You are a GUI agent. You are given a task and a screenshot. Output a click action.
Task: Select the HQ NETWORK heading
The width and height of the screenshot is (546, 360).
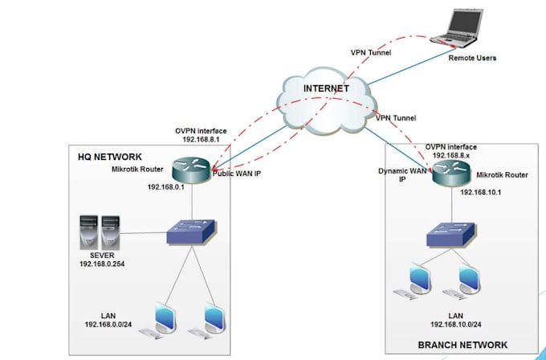[x=109, y=156]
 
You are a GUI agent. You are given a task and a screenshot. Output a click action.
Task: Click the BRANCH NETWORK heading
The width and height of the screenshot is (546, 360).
[x=462, y=345]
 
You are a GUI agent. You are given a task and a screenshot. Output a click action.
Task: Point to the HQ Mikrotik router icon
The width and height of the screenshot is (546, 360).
[x=192, y=171]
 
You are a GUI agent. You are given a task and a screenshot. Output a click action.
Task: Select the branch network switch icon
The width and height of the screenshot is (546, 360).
[x=448, y=234]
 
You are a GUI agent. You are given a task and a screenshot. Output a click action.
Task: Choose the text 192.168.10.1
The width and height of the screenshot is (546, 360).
[x=482, y=193]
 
